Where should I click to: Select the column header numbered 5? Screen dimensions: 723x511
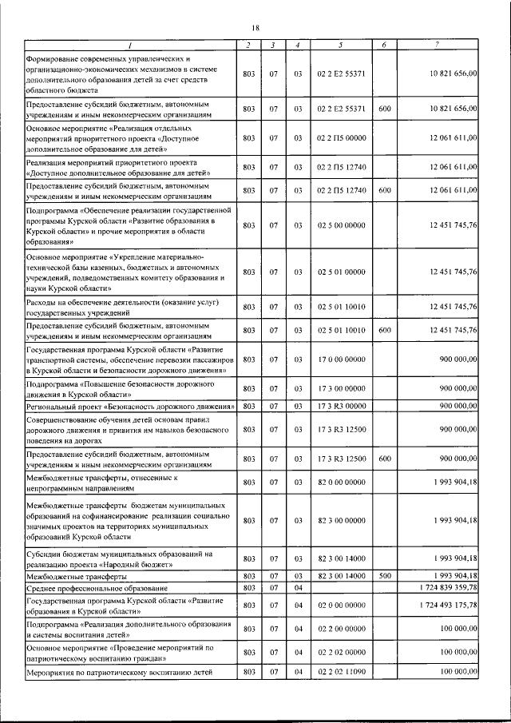(341, 45)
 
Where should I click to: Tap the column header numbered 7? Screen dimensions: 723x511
(436, 45)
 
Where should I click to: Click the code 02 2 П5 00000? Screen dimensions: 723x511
(341, 137)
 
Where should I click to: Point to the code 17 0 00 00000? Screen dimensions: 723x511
(341, 360)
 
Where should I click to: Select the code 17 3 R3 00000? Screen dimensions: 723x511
(341, 407)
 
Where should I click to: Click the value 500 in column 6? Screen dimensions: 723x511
(384, 576)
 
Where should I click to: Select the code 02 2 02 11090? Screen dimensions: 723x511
(341, 672)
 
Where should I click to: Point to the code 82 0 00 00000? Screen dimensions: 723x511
(341, 483)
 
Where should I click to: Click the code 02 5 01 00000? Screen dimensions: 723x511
(341, 272)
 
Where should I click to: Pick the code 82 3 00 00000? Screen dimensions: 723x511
(341, 520)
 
